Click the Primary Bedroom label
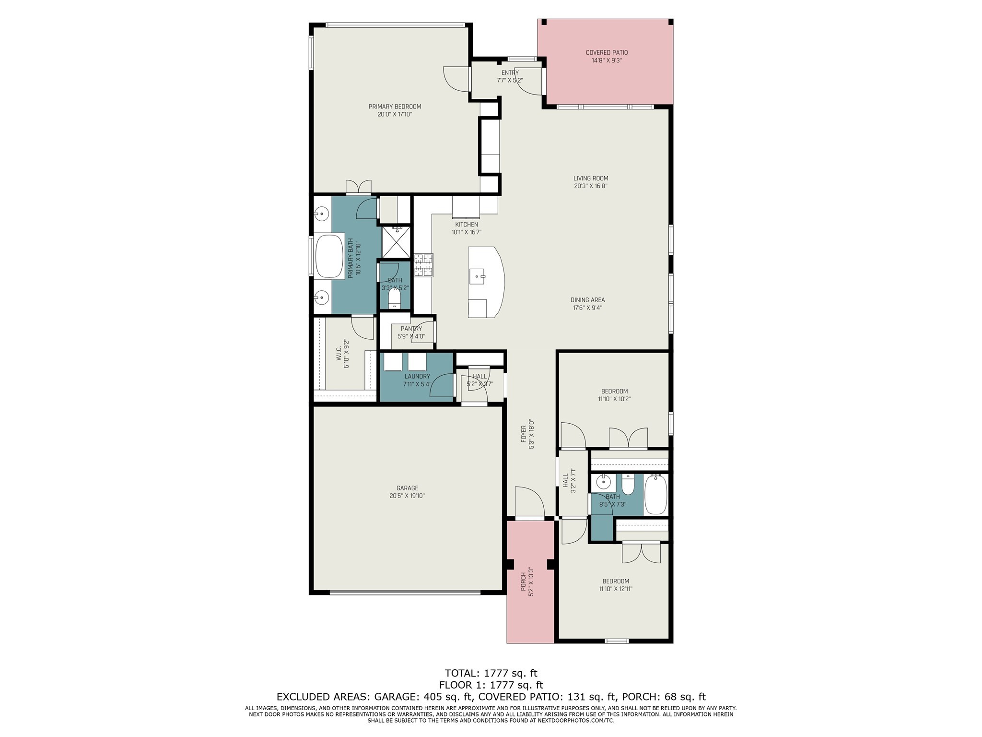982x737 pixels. coord(395,107)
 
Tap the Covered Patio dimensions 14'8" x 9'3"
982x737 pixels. coord(607,60)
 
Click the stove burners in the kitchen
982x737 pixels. coord(423,265)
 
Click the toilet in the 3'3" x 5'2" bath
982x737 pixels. coord(394,300)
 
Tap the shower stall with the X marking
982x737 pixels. coord(396,242)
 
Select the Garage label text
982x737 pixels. coord(407,488)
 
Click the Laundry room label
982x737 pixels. coord(417,376)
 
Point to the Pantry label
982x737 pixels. coord(411,329)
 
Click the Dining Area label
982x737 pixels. coord(587,300)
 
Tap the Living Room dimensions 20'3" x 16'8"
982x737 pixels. coord(591,186)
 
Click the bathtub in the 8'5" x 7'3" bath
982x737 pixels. coord(655,495)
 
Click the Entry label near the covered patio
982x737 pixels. coord(510,73)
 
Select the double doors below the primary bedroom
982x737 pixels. coord(358,187)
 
